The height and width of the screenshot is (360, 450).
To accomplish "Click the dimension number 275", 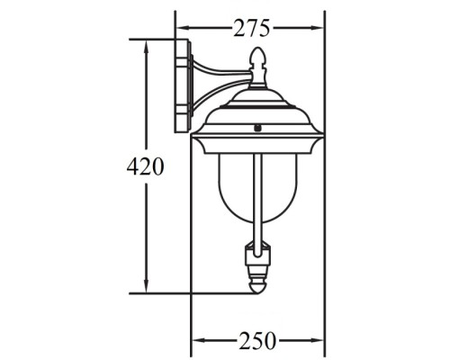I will pyautogui.click(x=251, y=28).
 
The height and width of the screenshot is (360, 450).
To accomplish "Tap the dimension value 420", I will pyautogui.click(x=145, y=166).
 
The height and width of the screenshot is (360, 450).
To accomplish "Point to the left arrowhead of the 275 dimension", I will pyautogui.click(x=181, y=28).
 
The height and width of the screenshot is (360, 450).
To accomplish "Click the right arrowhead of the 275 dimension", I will pyautogui.click(x=319, y=28).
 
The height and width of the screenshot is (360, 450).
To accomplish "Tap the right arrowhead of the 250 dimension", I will pyautogui.click(x=319, y=340).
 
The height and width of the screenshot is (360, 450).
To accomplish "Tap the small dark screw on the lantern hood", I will pyautogui.click(x=257, y=128).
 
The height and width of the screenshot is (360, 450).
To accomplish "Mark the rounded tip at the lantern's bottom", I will pyautogui.click(x=257, y=286).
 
